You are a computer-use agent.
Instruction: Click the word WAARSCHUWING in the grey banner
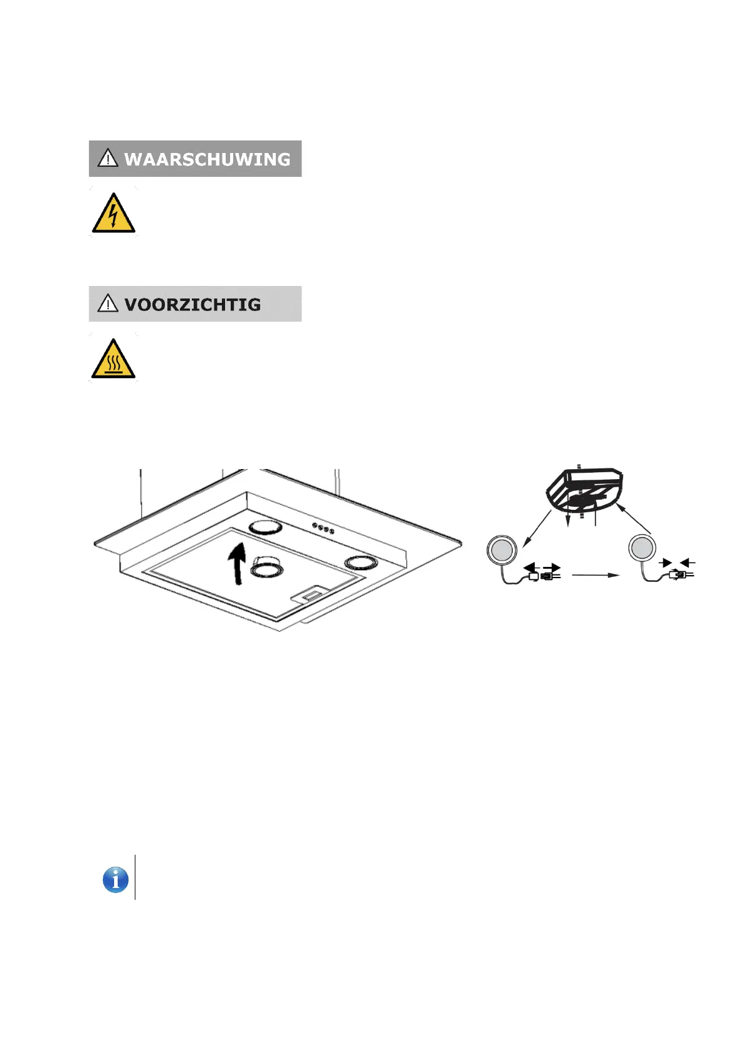(207, 159)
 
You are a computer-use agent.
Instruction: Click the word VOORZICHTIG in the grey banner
(192, 305)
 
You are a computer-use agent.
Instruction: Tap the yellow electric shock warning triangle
(113, 214)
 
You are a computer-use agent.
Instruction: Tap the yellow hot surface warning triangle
(113, 359)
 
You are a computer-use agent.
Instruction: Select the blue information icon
(115, 880)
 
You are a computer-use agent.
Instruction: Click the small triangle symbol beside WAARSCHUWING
(108, 158)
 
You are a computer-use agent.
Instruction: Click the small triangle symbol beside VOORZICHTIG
(108, 304)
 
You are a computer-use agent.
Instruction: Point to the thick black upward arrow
(237, 562)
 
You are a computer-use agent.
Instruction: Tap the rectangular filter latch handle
(310, 593)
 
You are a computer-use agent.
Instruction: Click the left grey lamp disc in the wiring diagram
(502, 550)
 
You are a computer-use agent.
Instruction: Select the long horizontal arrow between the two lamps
(596, 574)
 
